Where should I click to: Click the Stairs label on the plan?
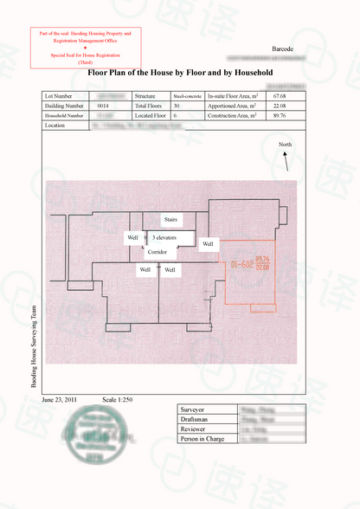point(170,220)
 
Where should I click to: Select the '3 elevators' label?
point(165,236)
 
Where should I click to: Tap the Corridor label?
point(157,252)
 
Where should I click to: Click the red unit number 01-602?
point(241,264)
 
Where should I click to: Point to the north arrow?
point(286,160)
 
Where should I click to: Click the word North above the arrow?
point(286,143)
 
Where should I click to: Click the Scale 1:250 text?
point(118,400)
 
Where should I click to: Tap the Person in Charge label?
point(202,439)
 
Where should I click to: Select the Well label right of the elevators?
point(208,244)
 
